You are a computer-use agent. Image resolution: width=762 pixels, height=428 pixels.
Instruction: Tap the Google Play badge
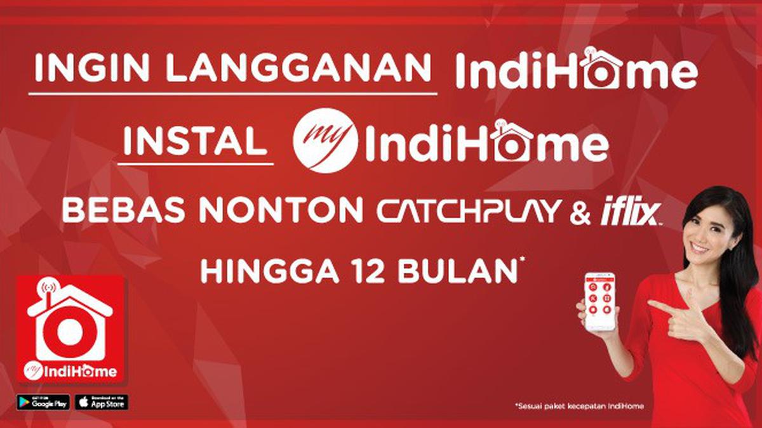[43, 402]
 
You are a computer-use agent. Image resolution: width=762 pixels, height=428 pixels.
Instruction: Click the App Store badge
[102, 402]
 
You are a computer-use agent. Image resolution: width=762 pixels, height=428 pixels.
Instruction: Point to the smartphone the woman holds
[599, 301]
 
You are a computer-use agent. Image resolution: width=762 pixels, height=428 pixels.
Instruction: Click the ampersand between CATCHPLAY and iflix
[580, 212]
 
